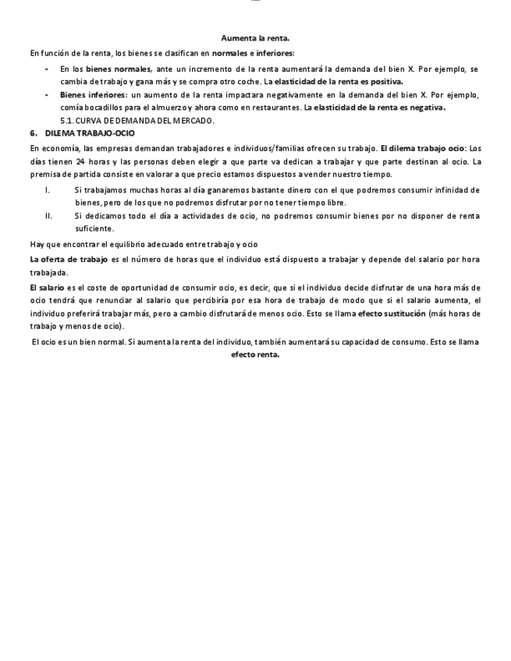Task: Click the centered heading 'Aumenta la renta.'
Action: [x=255, y=37]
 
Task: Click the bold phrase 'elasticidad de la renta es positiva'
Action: [x=339, y=81]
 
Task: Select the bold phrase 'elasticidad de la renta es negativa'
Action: [x=379, y=108]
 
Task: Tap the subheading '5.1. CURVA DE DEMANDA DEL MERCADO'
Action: [x=137, y=121]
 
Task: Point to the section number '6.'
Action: [x=34, y=133]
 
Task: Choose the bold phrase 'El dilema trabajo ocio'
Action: [x=422, y=148]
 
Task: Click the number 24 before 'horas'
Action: [x=80, y=161]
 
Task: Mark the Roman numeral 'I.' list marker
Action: [x=48, y=190]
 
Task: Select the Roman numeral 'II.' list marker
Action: [x=49, y=216]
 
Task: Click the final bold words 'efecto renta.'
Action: [x=255, y=355]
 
